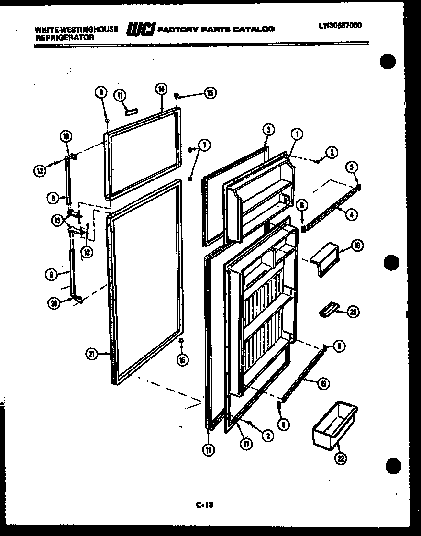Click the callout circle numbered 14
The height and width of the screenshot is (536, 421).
click(x=161, y=89)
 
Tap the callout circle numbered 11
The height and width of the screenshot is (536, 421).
click(x=120, y=95)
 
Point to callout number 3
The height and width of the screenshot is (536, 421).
click(x=268, y=129)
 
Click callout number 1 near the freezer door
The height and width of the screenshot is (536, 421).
click(x=297, y=135)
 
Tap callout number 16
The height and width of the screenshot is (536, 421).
click(x=356, y=246)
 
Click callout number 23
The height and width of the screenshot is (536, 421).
click(x=353, y=312)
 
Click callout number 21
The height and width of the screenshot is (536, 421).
click(x=91, y=354)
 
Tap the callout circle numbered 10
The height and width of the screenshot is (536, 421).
click(x=66, y=136)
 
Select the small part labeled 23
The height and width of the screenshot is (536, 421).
click(x=328, y=310)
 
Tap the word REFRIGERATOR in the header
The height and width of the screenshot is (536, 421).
click(x=62, y=37)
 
